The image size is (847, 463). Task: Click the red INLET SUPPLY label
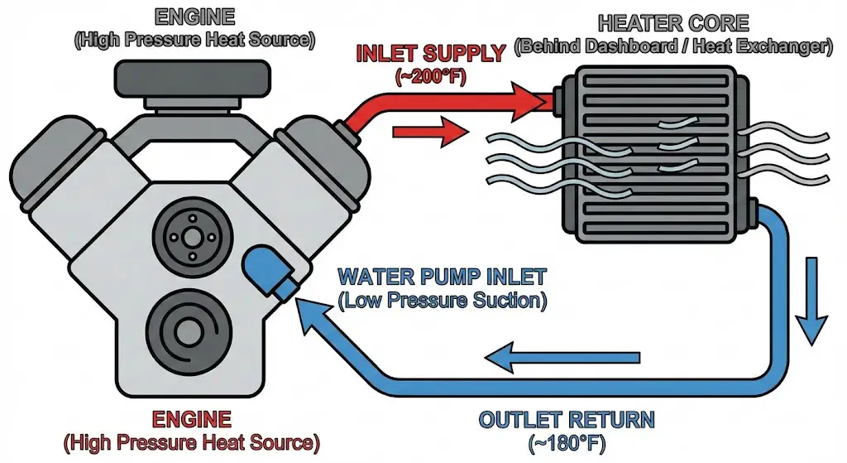click(x=429, y=55)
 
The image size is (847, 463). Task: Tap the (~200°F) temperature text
click(x=430, y=76)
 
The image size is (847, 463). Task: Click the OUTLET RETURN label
click(x=567, y=419)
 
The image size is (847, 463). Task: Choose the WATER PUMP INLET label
click(x=443, y=275)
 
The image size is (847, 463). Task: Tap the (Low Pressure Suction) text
click(x=443, y=299)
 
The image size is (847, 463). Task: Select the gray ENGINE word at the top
click(x=196, y=16)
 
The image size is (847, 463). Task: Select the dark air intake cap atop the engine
click(x=196, y=80)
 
